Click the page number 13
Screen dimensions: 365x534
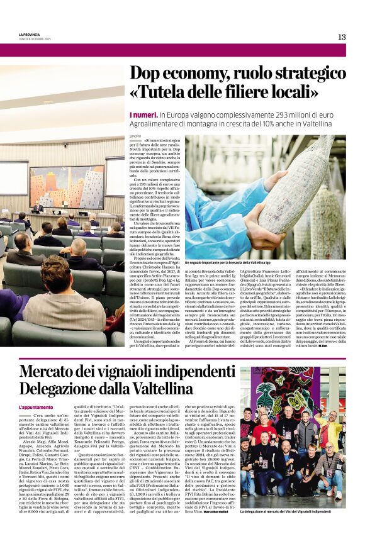342,37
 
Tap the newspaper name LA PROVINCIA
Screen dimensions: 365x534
28,35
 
